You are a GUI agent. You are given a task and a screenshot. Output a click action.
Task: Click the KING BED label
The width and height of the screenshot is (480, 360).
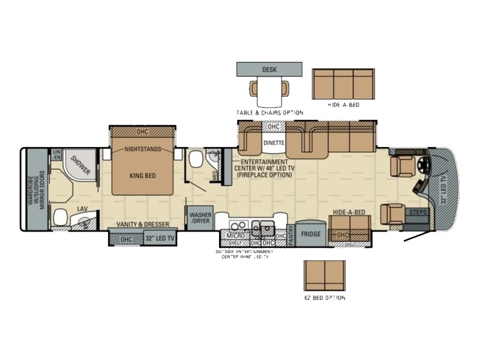pos(142,176)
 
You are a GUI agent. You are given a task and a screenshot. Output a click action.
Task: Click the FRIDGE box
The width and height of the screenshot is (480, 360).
pos(311,234)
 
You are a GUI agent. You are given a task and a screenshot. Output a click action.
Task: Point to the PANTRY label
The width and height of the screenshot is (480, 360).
pos(291,233)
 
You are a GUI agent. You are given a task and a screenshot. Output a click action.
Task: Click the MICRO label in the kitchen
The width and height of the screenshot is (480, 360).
pos(236,236)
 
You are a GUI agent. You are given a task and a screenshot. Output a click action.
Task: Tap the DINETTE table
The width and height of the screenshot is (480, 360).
pos(274,143)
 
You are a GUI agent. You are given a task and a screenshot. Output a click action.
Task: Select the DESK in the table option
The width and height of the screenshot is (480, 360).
pos(269,70)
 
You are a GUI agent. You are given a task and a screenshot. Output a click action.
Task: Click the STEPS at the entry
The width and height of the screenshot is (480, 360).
pos(418,212)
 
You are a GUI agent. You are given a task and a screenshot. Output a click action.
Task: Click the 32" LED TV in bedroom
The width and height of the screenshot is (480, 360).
pos(161,238)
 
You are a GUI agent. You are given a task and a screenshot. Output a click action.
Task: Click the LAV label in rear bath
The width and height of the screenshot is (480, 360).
pos(82,209)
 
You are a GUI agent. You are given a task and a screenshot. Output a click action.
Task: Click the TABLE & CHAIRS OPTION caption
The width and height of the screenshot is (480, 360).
pos(269,113)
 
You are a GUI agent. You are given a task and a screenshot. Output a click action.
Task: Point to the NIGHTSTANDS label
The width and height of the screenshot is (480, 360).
pos(142,149)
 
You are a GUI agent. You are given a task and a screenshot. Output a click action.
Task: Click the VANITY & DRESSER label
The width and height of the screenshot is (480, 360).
pos(143,224)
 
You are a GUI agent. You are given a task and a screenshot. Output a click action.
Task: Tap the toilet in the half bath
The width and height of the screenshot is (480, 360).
pos(195,160)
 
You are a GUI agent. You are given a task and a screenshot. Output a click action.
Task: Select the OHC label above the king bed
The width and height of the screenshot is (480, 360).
pos(142,131)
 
